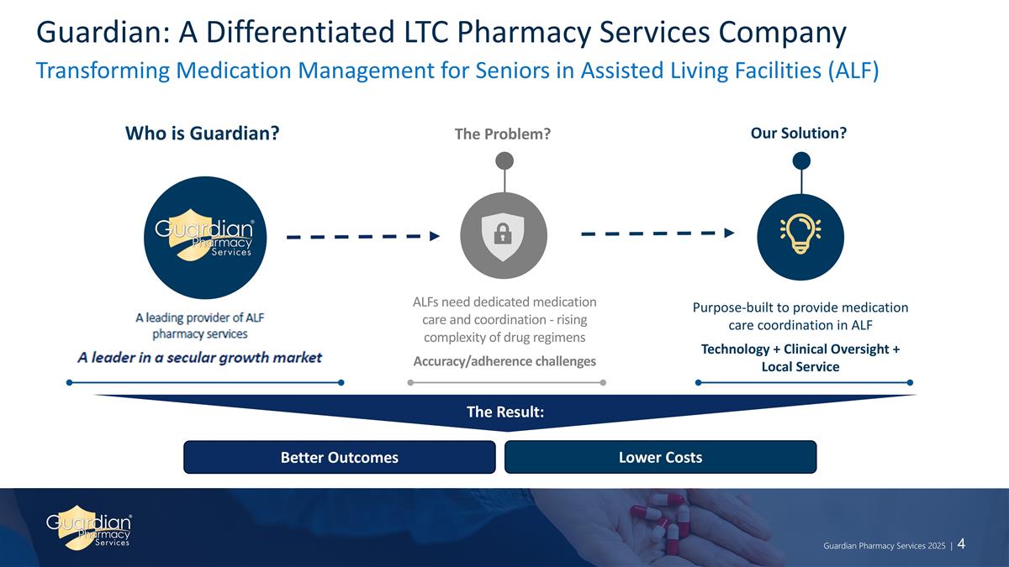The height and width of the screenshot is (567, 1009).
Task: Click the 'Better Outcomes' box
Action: coord(339,457)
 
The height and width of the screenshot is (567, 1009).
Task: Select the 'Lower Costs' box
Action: coord(660,457)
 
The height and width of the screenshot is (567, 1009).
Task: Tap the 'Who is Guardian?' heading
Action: coord(202,134)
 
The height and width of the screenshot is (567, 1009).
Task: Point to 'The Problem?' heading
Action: coord(503,134)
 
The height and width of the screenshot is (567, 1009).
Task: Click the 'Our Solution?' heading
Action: coord(799,134)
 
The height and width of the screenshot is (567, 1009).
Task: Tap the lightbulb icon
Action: coord(800,234)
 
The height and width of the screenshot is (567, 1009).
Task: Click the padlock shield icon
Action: coord(504,234)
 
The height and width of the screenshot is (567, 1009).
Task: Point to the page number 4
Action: coord(960,543)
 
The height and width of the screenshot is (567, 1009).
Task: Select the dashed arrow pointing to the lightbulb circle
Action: coord(659,233)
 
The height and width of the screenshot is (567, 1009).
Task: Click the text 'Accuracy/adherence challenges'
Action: coord(504,361)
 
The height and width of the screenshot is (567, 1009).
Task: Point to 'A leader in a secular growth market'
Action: coord(200,358)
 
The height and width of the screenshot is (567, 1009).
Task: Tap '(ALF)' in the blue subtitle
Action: coord(850,71)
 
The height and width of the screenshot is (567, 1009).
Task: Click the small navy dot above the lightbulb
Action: coord(800,160)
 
